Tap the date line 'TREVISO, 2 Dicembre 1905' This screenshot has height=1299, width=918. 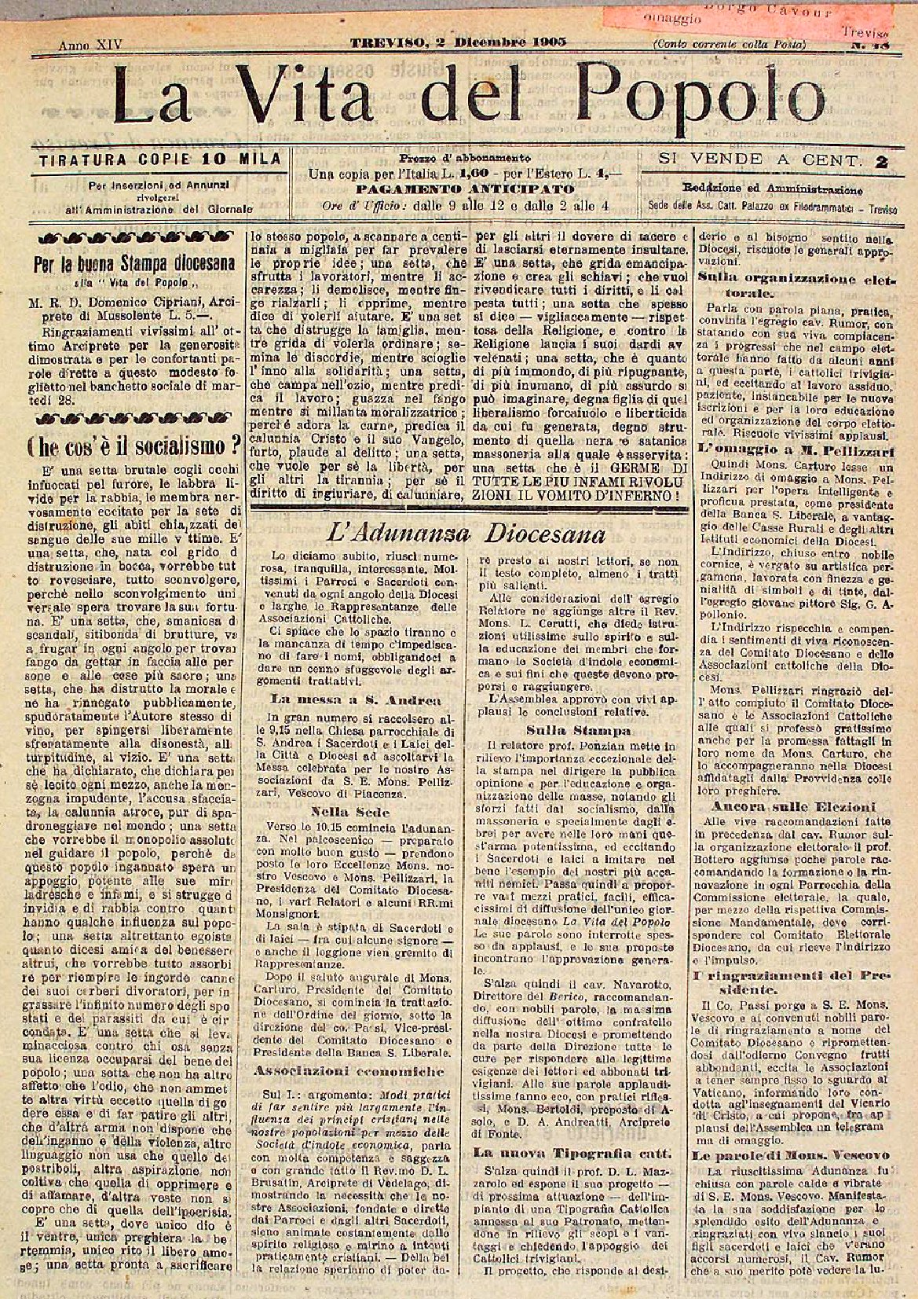pyautogui.click(x=459, y=42)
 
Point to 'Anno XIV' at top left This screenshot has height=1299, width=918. pyautogui.click(x=90, y=45)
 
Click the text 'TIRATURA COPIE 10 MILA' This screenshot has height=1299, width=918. pyautogui.click(x=159, y=160)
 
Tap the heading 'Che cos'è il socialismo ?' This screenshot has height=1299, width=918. pyautogui.click(x=133, y=446)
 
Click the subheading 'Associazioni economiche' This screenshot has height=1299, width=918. pyautogui.click(x=348, y=1071)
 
